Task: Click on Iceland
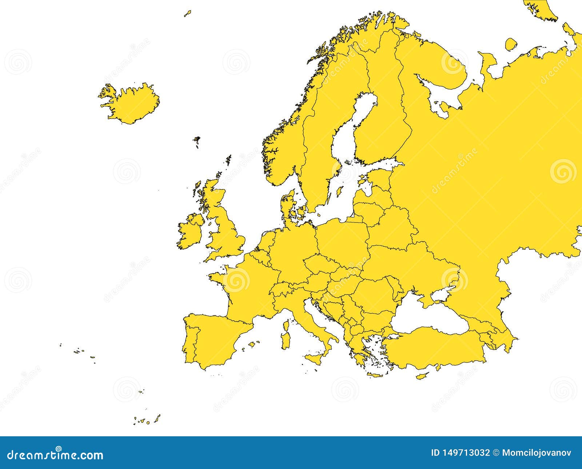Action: click(x=131, y=104)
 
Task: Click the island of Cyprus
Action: click(x=422, y=376)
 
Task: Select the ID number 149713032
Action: click(x=460, y=453)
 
